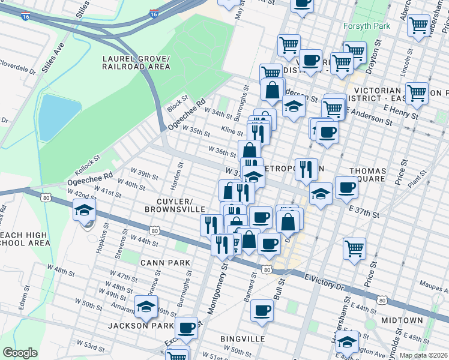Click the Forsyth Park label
(367, 26)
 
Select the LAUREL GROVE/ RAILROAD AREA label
(136, 63)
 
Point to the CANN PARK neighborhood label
(165, 262)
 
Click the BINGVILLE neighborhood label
(243, 339)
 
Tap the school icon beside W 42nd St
(85, 211)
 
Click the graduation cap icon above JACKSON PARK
(146, 307)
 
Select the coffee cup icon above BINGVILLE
(262, 311)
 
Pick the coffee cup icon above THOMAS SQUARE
(346, 188)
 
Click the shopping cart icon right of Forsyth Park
(418, 25)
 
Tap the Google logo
(20, 353)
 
